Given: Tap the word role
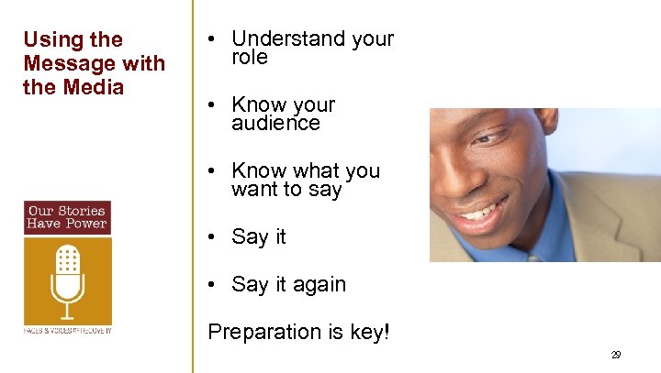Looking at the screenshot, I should click(250, 58).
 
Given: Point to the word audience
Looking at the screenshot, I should click(275, 124).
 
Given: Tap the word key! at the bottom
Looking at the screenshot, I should click(369, 332).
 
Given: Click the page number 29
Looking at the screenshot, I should click(615, 355).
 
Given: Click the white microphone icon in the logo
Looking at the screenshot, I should click(68, 279).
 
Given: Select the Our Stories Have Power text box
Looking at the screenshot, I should click(67, 217).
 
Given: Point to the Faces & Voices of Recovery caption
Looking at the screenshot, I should click(67, 330).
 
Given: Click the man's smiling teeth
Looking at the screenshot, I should click(477, 214).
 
